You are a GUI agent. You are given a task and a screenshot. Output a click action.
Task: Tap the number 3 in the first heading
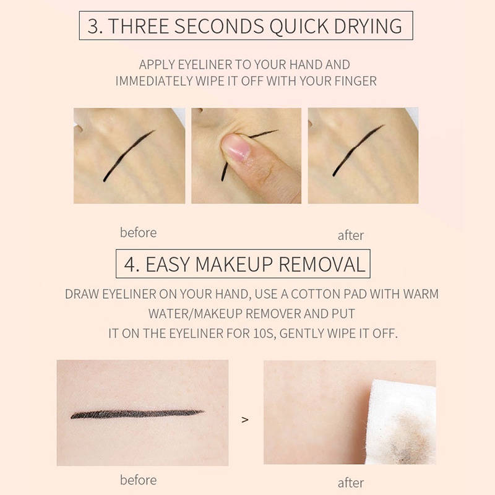coord(93,26)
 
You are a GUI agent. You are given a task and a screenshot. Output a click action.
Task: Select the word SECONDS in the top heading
coord(219,26)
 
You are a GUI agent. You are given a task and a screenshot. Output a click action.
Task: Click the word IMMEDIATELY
coord(153,81)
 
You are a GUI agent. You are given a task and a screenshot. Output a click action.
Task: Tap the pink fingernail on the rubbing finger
coord(236,147)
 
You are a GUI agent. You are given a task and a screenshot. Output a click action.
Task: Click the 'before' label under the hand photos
coord(138,233)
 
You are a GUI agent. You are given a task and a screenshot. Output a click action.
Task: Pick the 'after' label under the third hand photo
coord(351,236)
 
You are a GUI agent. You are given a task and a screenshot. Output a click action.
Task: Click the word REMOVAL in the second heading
coord(322,264)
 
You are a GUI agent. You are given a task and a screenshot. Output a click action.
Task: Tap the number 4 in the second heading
coord(131,265)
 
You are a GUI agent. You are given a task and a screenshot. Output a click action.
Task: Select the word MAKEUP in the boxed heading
coord(234,264)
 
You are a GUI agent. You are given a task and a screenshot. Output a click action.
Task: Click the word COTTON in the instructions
coord(316,295)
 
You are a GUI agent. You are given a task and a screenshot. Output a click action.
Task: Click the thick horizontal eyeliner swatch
coord(137,414)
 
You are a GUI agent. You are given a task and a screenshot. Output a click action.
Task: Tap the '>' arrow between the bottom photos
coord(245,420)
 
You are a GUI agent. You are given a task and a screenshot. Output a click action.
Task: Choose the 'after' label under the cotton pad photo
coord(351,483)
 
